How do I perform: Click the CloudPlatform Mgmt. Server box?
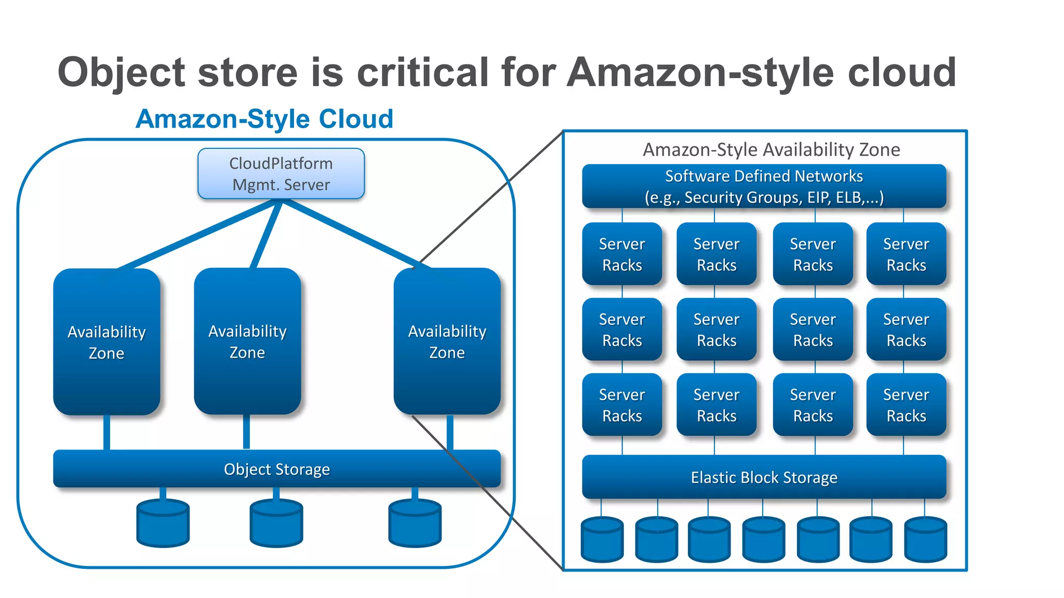(x=281, y=174)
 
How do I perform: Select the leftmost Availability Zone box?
(x=107, y=342)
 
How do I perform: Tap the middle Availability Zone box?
(x=247, y=341)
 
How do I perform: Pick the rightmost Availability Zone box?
(x=447, y=341)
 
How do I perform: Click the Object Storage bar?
(x=277, y=469)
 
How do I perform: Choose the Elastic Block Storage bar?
(x=764, y=477)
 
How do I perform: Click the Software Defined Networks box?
(x=764, y=186)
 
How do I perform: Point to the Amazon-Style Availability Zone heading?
(x=771, y=149)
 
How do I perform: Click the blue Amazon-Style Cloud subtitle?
(x=264, y=119)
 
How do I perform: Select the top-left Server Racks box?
(x=622, y=254)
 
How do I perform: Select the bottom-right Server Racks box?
(x=906, y=405)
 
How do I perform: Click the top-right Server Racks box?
(x=906, y=254)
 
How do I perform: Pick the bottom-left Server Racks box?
(x=622, y=405)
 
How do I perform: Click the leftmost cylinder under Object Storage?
(x=163, y=523)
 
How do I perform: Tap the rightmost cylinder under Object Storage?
(x=415, y=523)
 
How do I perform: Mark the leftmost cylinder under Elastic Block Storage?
(x=602, y=539)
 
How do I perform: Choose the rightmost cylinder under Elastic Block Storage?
(x=925, y=539)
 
